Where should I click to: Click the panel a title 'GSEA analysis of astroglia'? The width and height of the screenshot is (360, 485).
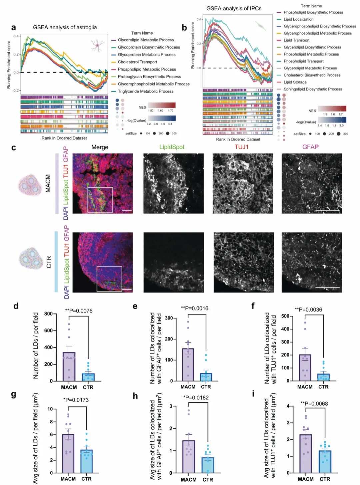coord(65,27)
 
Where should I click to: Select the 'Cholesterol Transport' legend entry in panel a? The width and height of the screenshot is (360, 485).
coord(137,62)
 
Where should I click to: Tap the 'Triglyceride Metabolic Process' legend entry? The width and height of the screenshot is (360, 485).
coord(145,91)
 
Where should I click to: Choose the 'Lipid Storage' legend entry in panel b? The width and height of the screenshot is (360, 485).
coord(295,82)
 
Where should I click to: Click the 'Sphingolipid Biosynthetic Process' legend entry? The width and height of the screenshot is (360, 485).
coord(313,89)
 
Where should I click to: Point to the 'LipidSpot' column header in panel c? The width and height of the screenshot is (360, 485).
coord(172,147)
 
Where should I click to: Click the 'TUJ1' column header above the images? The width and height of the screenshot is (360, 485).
coord(241,147)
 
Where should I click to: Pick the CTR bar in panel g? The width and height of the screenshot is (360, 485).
coord(86,461)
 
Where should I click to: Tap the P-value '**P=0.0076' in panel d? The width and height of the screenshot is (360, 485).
coord(79,311)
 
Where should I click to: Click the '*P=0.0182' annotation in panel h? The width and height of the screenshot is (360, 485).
coord(196,397)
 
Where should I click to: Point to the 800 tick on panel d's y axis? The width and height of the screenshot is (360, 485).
coord(48,314)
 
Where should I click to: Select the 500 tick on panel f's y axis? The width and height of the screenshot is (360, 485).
coord(285,316)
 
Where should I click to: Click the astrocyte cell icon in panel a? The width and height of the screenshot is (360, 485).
coord(97,45)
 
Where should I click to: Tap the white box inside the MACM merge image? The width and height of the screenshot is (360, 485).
coord(100,200)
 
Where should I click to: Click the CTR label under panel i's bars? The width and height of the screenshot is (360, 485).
coord(325,479)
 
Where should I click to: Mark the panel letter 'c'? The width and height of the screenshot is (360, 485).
coord(14,148)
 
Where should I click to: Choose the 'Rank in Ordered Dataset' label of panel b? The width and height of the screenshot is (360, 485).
coord(238,139)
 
